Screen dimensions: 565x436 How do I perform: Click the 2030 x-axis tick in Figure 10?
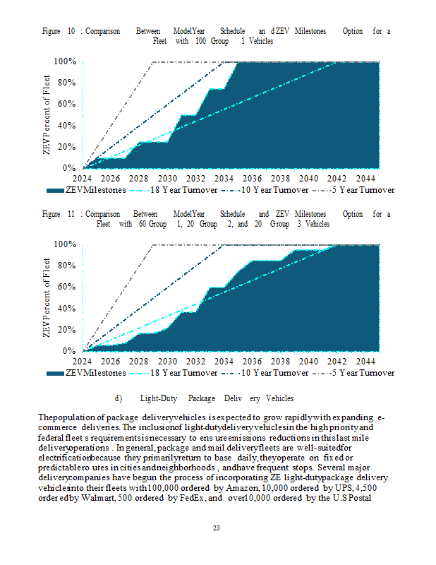[168, 179]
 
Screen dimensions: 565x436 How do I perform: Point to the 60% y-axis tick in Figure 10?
[66, 104]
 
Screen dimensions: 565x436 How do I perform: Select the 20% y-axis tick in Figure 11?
[66, 330]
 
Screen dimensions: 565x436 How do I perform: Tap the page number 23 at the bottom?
[217, 526]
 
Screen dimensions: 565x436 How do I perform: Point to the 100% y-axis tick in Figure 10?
[63, 61]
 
